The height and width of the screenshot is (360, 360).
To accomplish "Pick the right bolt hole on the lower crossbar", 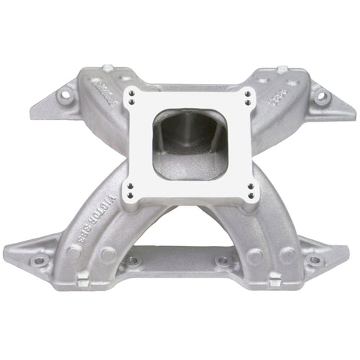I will (223, 262).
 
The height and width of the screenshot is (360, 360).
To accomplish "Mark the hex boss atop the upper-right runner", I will (281, 70).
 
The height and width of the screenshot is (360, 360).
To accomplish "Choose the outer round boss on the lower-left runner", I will (73, 253).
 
